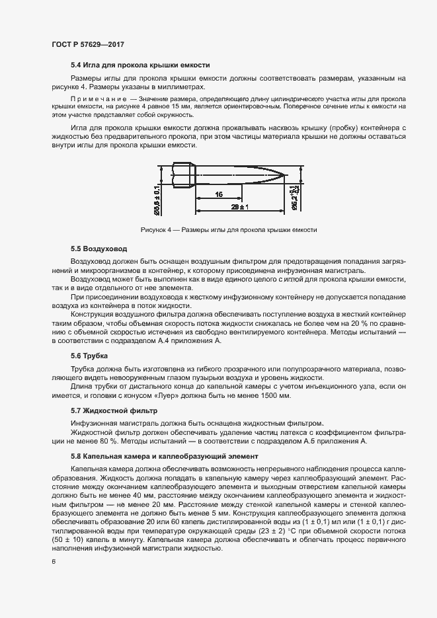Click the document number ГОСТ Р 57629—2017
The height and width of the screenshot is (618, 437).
tap(88, 44)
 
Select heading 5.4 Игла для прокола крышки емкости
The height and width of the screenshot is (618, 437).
tap(140, 65)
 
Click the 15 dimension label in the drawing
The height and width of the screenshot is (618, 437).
tap(218, 195)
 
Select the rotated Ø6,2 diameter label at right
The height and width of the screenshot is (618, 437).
tap(296, 195)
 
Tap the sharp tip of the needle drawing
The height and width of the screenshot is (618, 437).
tap(286, 175)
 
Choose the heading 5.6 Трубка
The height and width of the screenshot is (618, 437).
tap(89, 356)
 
